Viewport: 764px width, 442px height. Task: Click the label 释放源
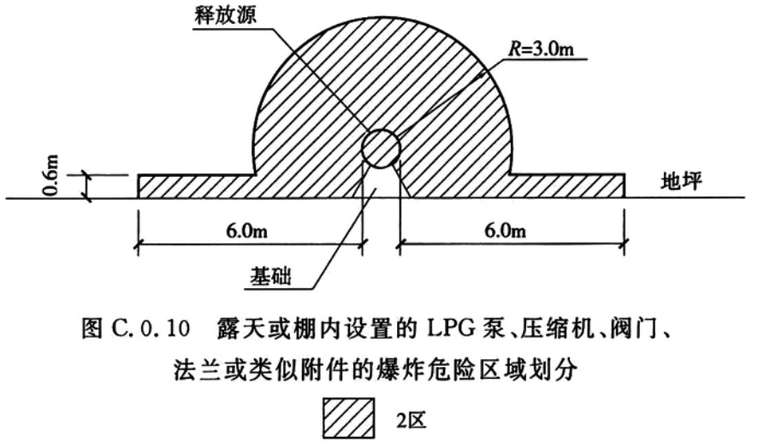225,15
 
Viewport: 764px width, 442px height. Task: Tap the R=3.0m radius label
542,49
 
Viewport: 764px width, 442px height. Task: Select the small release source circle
381,148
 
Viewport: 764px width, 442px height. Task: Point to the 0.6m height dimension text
51,174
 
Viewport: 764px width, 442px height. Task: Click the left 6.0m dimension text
246,230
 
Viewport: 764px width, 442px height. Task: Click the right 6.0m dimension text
505,230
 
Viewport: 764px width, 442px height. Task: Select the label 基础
271,276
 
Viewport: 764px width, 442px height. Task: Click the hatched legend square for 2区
348,418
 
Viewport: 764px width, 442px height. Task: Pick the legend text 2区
412,419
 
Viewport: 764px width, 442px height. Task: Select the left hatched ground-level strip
197,186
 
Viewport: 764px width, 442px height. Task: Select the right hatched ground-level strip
567,186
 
